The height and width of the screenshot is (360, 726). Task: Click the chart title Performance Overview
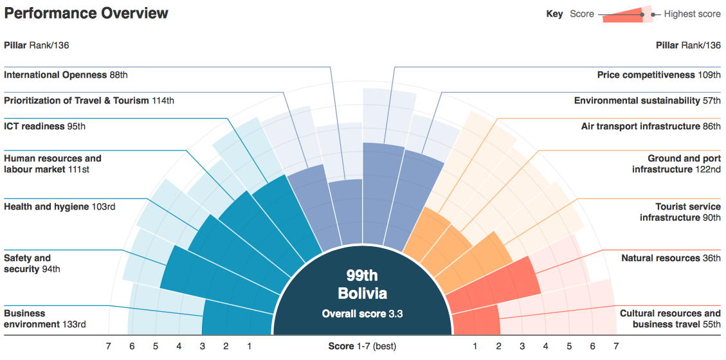pyautogui.click(x=86, y=14)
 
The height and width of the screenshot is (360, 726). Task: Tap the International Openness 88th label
pyautogui.click(x=66, y=75)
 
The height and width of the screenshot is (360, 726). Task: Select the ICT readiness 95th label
pyautogui.click(x=44, y=127)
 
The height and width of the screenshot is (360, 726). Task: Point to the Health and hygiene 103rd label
pyautogui.click(x=63, y=207)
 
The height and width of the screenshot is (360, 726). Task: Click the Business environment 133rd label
pyautogui.click(x=45, y=319)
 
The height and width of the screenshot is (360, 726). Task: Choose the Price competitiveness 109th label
pyautogui.click(x=658, y=75)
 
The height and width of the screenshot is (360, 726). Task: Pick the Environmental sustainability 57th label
pyautogui.click(x=647, y=101)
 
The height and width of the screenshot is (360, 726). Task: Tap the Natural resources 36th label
pyautogui.click(x=671, y=258)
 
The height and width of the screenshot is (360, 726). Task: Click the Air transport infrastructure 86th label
pyautogui.click(x=651, y=127)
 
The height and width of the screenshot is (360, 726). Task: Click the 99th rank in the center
pyautogui.click(x=362, y=276)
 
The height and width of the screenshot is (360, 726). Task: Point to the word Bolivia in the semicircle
pyautogui.click(x=363, y=294)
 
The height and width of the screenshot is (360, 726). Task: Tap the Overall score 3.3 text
pyautogui.click(x=363, y=314)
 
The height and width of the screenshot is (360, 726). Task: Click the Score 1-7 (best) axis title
pyautogui.click(x=362, y=346)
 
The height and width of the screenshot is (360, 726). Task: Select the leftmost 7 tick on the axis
pyautogui.click(x=108, y=346)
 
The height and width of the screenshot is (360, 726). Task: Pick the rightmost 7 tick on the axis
pyautogui.click(x=616, y=346)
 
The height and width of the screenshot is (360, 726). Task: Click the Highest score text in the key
pyautogui.click(x=692, y=14)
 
